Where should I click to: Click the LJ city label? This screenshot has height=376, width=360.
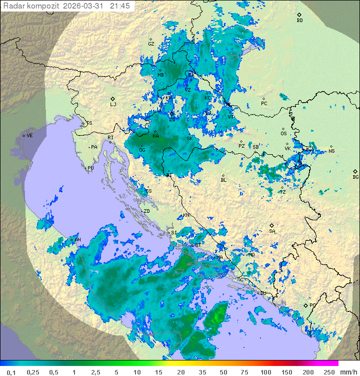pos(113,105)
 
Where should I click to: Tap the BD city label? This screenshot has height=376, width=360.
pos(299,21)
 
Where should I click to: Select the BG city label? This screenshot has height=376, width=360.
pos(355,177)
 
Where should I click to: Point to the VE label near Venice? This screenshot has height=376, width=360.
pos(29,136)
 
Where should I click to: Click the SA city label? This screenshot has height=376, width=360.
pos(272,231)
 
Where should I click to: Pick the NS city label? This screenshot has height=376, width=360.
pos(331,151)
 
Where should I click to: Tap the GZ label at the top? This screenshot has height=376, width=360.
pos(151,44)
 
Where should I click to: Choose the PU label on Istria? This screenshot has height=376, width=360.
pos(90,168)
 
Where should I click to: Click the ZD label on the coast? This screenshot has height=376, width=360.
pos(147,211)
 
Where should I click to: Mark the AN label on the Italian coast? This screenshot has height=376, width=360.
pos(77,240)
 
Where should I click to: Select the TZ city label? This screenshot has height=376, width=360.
pos(283,192)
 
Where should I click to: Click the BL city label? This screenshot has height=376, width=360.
pos(223,180)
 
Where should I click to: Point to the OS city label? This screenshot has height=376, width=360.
pos(283,134)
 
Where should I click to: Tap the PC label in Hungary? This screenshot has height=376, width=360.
pos(264,104)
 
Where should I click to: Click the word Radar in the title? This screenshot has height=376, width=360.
pos(13,6)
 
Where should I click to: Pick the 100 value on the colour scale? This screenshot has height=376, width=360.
pos(265,372)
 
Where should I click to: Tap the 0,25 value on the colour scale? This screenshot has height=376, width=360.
pos(33,372)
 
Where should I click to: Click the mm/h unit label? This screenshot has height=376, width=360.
pos(347,372)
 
